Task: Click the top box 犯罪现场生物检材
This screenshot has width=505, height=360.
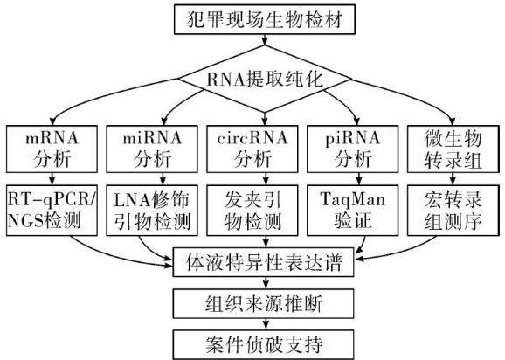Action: (x=265, y=19)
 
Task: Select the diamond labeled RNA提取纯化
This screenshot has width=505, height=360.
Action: (x=265, y=79)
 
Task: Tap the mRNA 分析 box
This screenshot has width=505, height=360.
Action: (x=52, y=149)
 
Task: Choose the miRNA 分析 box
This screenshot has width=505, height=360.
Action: (x=152, y=149)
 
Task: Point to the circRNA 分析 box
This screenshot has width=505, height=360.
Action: (x=252, y=149)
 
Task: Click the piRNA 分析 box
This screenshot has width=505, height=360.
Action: (x=353, y=149)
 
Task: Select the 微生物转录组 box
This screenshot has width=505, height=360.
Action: (x=453, y=149)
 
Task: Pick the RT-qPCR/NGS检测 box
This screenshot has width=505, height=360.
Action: (x=52, y=211)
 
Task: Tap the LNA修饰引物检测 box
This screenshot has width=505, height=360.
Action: (x=152, y=211)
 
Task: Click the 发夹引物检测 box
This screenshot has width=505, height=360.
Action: (x=252, y=211)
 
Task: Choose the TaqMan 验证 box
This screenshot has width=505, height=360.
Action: (x=353, y=211)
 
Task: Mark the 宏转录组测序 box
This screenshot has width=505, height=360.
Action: (x=453, y=211)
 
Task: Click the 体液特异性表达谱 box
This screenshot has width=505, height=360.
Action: (x=264, y=262)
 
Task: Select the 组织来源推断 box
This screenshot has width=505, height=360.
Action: (x=264, y=304)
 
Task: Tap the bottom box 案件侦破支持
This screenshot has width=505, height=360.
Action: (x=264, y=344)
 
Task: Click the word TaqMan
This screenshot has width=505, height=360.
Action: (x=353, y=199)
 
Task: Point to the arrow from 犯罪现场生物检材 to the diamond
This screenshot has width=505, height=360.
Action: (x=265, y=39)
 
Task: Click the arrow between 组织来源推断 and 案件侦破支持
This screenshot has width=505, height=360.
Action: (x=266, y=324)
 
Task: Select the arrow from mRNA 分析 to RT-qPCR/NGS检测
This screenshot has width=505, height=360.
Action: (x=52, y=179)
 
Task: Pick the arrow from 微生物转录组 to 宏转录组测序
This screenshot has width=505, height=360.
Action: (x=453, y=179)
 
